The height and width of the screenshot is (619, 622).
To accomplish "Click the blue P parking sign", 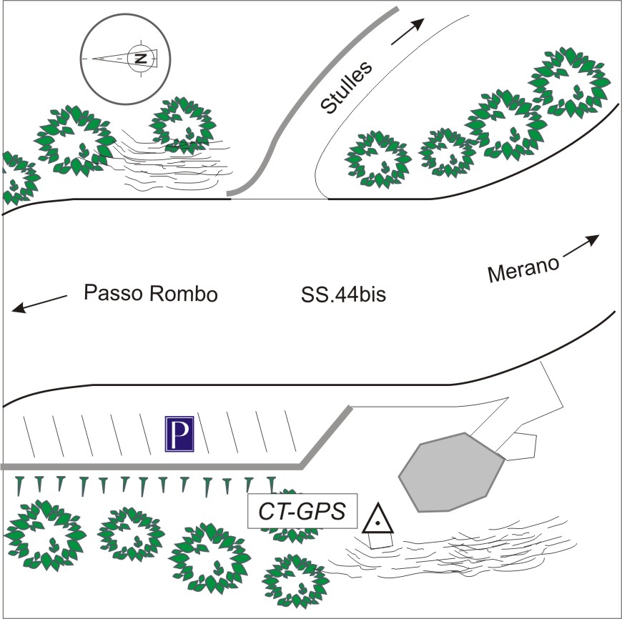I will pyautogui.click(x=180, y=435).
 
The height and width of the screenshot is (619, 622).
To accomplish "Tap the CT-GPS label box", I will pyautogui.click(x=301, y=512).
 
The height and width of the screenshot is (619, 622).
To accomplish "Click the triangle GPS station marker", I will pyautogui.click(x=377, y=520).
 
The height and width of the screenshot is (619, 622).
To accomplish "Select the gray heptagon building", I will pyautogui.click(x=451, y=472).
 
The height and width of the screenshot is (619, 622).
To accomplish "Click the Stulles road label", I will pyautogui.click(x=347, y=88).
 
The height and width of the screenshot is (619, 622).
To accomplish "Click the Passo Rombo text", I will pyautogui.click(x=150, y=294).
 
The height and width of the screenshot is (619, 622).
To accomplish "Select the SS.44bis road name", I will pyautogui.click(x=344, y=294).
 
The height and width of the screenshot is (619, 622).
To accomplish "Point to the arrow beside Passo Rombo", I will pyautogui.click(x=39, y=302).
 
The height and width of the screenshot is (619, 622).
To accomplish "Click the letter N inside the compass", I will pyautogui.click(x=141, y=57).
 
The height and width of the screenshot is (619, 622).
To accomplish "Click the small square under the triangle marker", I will pyautogui.click(x=380, y=540).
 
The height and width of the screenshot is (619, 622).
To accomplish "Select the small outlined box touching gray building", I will pyautogui.click(x=520, y=445).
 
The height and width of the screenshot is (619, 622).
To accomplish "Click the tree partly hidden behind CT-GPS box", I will pyautogui.click(x=290, y=500).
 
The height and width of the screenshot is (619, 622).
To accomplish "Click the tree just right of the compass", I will pyautogui.click(x=184, y=122).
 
